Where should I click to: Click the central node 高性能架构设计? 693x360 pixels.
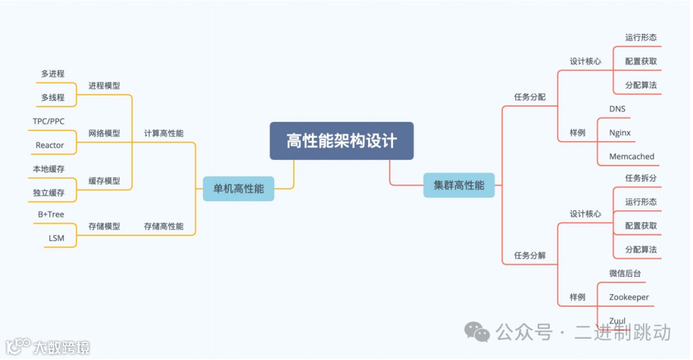tap(341, 141)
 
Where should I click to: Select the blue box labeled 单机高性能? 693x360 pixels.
tap(238, 189)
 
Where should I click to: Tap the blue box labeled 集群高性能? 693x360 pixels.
tap(459, 185)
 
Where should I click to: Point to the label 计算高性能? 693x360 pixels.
tap(164, 133)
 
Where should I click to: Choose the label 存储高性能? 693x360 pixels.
tap(164, 226)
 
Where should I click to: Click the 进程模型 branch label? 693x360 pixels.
tap(104, 85)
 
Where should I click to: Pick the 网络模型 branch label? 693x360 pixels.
tap(104, 133)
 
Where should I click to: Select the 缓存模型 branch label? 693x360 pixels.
tap(104, 181)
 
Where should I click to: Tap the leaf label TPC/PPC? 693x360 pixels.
tap(49, 121)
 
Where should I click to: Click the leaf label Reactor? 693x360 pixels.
tap(49, 145)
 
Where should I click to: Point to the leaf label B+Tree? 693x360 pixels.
tap(51, 214)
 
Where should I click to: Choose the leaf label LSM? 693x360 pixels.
tap(56, 238)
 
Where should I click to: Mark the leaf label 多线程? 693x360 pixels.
tap(53, 98)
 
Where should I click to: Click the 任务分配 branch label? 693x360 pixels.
tap(529, 97)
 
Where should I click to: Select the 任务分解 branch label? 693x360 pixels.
tap(529, 255)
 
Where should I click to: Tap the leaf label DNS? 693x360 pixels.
tap(617, 109)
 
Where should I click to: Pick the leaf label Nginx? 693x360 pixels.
tap(620, 133)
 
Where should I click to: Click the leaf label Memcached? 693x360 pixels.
tap(631, 157)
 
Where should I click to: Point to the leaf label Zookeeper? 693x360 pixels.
tap(629, 297)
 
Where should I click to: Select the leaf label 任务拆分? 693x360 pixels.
tap(640, 178)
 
